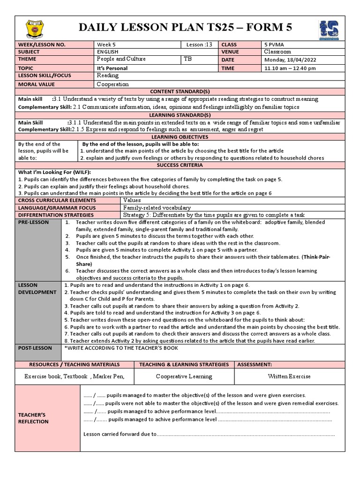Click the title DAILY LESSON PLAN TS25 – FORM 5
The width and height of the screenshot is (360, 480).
coord(186,28)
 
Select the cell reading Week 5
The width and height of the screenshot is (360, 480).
coord(106,45)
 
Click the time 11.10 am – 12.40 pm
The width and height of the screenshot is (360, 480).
coord(290,68)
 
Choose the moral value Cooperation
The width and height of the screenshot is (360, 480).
coord(112,84)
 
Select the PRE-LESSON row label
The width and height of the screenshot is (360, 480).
coord(33,222)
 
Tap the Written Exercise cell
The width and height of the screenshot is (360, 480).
coord(289,376)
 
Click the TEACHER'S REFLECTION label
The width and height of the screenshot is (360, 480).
coord(33,418)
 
